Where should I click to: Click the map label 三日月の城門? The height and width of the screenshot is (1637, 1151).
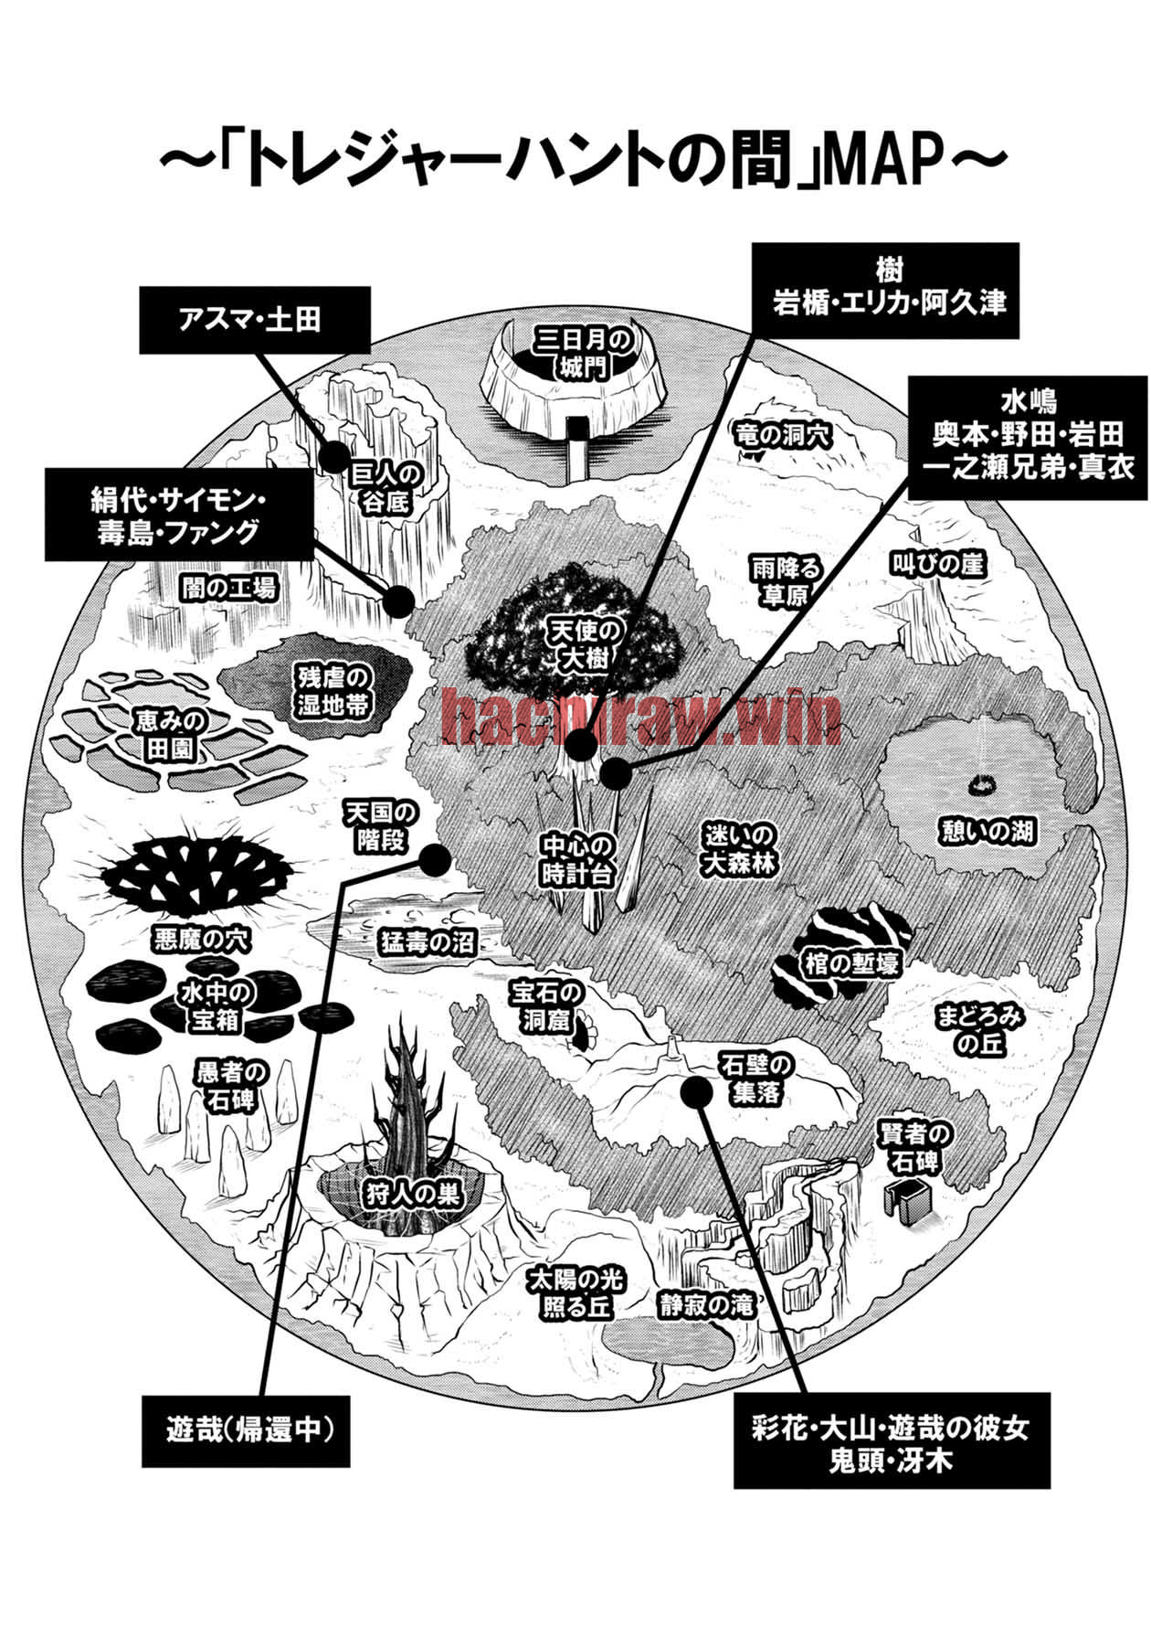click(583, 354)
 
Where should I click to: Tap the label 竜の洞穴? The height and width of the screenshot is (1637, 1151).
click(783, 435)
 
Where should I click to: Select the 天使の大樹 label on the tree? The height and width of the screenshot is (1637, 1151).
click(585, 643)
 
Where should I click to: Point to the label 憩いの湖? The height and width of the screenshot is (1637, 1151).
click(988, 831)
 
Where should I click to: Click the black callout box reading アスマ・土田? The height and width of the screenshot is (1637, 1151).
click(255, 319)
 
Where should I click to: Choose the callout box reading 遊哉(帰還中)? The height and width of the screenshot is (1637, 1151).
click(245, 1430)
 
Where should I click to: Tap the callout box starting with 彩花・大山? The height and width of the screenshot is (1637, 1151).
click(892, 1441)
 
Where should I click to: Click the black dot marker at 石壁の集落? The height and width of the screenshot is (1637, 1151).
click(697, 1090)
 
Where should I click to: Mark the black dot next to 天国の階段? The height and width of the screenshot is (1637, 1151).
click(434, 859)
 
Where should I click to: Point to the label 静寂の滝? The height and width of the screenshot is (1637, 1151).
click(707, 1305)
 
